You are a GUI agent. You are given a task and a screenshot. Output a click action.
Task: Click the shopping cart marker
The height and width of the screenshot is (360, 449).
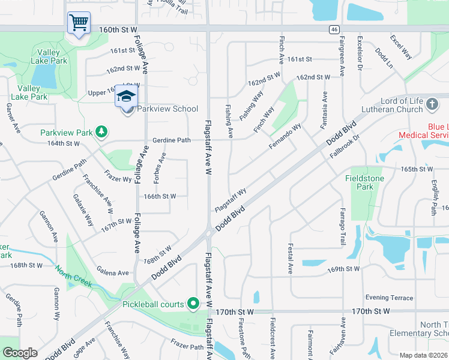(x=79, y=23)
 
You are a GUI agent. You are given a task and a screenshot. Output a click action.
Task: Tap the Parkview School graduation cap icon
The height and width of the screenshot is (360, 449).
(x=127, y=96)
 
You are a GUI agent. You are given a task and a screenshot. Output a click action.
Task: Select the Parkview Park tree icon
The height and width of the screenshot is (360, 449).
(x=102, y=131)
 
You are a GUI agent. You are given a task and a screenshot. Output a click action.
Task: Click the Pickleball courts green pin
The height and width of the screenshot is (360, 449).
(x=193, y=304)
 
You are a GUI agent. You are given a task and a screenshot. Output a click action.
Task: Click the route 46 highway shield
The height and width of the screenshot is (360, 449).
(x=334, y=29)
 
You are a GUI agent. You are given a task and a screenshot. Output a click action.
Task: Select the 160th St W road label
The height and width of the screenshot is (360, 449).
(x=118, y=29)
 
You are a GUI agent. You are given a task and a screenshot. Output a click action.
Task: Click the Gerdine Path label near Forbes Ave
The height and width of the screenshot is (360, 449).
(x=171, y=140)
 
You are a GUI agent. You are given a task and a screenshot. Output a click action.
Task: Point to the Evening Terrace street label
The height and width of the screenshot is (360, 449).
(x=389, y=298)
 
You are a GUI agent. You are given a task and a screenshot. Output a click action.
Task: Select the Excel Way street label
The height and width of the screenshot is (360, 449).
(x=400, y=47)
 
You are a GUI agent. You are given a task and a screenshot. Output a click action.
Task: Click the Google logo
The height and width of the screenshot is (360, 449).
(x=20, y=353)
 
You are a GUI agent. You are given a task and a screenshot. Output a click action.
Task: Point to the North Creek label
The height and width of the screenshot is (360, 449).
(x=74, y=276)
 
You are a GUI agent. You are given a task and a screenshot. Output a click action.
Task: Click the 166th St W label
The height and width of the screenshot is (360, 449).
(x=160, y=196)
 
